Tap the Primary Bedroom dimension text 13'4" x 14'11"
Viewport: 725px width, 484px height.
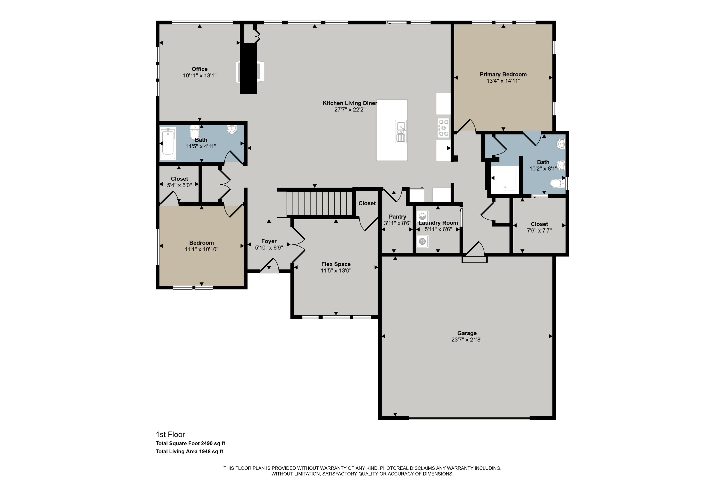(x=503, y=81)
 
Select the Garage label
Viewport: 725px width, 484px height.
(x=467, y=333)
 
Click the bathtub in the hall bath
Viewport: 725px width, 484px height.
(x=168, y=143)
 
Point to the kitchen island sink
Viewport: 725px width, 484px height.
(x=401, y=131)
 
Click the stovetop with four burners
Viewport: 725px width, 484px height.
(x=443, y=128)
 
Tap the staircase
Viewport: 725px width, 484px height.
(x=319, y=204)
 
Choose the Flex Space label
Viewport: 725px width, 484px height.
(x=336, y=264)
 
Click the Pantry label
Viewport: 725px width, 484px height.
(x=397, y=217)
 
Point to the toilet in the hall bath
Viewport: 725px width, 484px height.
(x=195, y=133)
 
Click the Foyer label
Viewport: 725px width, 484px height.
(x=269, y=241)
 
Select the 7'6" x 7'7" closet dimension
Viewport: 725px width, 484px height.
(x=539, y=231)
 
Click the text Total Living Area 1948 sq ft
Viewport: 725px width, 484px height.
(x=189, y=451)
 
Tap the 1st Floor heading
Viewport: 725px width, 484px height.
(x=170, y=434)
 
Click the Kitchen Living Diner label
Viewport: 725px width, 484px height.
(x=350, y=103)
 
